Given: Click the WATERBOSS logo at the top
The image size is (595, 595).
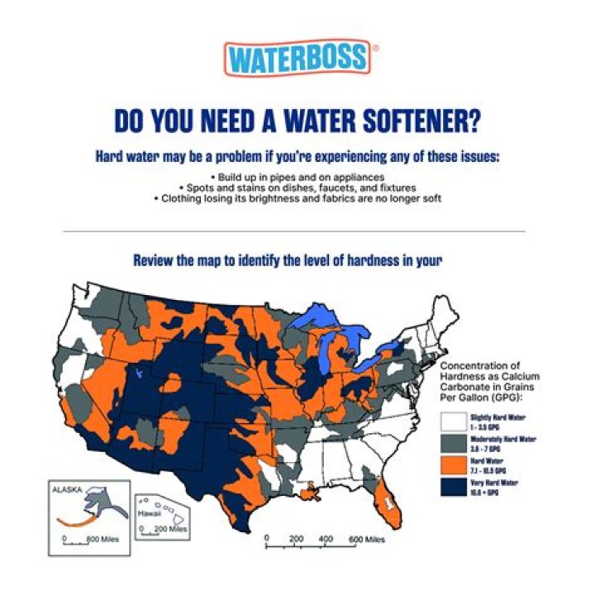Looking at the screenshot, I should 297,58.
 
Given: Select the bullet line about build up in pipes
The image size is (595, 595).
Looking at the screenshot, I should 297,177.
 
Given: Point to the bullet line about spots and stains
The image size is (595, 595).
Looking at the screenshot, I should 297,188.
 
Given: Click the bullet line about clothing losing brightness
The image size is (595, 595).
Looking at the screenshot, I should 297,198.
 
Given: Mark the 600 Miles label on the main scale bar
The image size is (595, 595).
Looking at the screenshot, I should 367,540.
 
